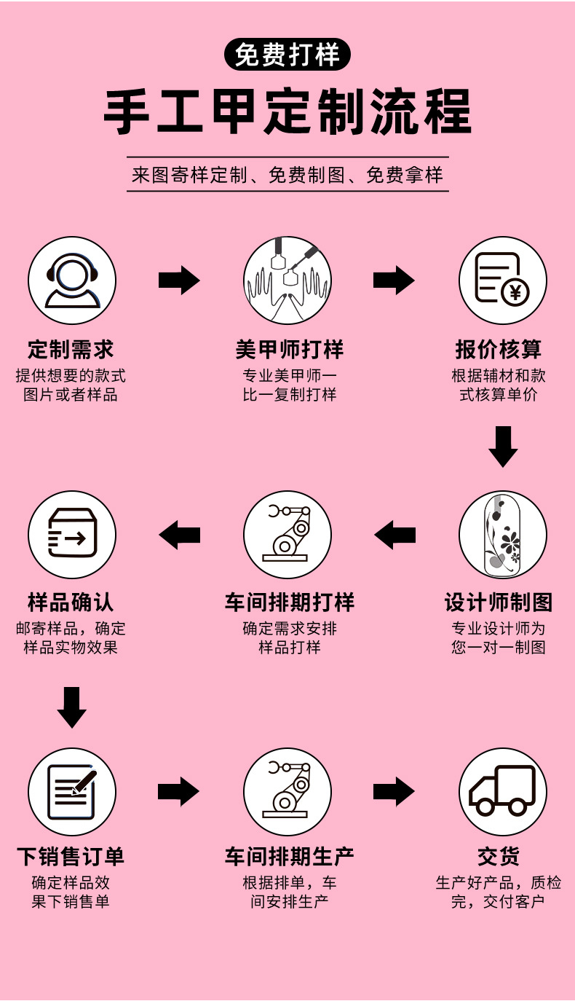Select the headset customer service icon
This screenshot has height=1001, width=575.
(72, 280)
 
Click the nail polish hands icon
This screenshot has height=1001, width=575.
(287, 280)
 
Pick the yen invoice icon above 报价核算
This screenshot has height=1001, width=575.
(502, 280)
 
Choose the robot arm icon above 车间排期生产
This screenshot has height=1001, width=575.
(287, 791)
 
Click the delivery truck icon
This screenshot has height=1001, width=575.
(502, 791)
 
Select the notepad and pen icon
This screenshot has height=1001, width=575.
(72, 791)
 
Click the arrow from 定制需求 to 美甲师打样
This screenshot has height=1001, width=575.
(179, 280)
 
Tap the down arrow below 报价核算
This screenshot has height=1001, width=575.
(503, 446)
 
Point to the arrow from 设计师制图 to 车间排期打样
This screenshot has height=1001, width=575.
(394, 535)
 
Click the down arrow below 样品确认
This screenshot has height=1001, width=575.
(71, 707)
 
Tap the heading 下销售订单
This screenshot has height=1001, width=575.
(71, 856)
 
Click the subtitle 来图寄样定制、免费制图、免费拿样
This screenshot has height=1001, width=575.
(287, 175)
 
